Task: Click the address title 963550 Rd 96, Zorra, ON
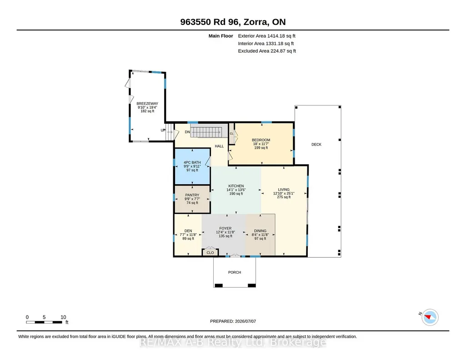click(x=233, y=22)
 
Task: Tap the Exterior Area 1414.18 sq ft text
click(x=266, y=36)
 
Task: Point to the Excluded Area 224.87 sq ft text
click(x=267, y=51)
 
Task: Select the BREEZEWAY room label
click(x=147, y=104)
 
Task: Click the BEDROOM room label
click(x=261, y=140)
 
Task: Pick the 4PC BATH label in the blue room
click(x=192, y=162)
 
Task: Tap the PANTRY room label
click(x=192, y=195)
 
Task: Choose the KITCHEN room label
click(x=236, y=186)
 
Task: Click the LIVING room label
click(x=284, y=190)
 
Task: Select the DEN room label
click(x=188, y=231)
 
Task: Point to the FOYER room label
click(x=225, y=229)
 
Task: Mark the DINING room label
click(x=261, y=231)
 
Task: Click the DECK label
click(x=316, y=145)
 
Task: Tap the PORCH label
click(x=235, y=272)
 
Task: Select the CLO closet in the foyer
click(x=210, y=252)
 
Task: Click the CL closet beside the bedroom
click(x=231, y=134)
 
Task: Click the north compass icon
click(x=430, y=317)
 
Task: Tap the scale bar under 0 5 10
click(x=44, y=322)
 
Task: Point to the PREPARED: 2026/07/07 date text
click(x=233, y=321)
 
